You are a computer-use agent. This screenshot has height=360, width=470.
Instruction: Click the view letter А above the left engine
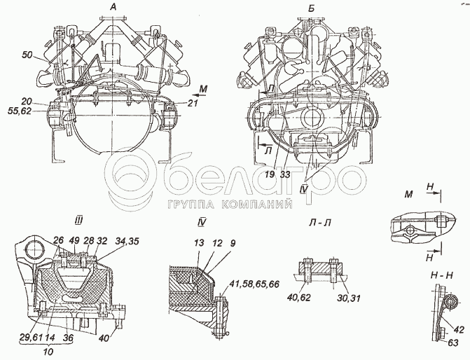(113, 7)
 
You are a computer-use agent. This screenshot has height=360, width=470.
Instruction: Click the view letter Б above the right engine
(311, 8)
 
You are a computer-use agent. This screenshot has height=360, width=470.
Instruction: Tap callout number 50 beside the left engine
(27, 55)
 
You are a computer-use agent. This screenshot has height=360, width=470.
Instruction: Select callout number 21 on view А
(193, 103)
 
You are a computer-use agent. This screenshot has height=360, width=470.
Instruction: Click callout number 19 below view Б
(270, 174)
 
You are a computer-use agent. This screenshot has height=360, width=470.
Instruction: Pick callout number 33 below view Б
(285, 174)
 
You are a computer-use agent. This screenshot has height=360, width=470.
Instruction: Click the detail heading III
(78, 221)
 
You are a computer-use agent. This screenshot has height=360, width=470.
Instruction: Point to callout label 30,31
(350, 298)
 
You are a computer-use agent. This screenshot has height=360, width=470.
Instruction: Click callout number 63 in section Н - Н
(453, 342)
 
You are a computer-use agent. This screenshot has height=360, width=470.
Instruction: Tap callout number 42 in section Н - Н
(459, 330)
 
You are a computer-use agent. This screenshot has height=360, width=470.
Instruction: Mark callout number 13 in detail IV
(199, 243)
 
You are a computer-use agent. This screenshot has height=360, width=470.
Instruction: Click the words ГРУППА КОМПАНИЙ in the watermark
(230, 205)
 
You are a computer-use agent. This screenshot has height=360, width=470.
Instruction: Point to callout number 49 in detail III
(75, 241)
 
